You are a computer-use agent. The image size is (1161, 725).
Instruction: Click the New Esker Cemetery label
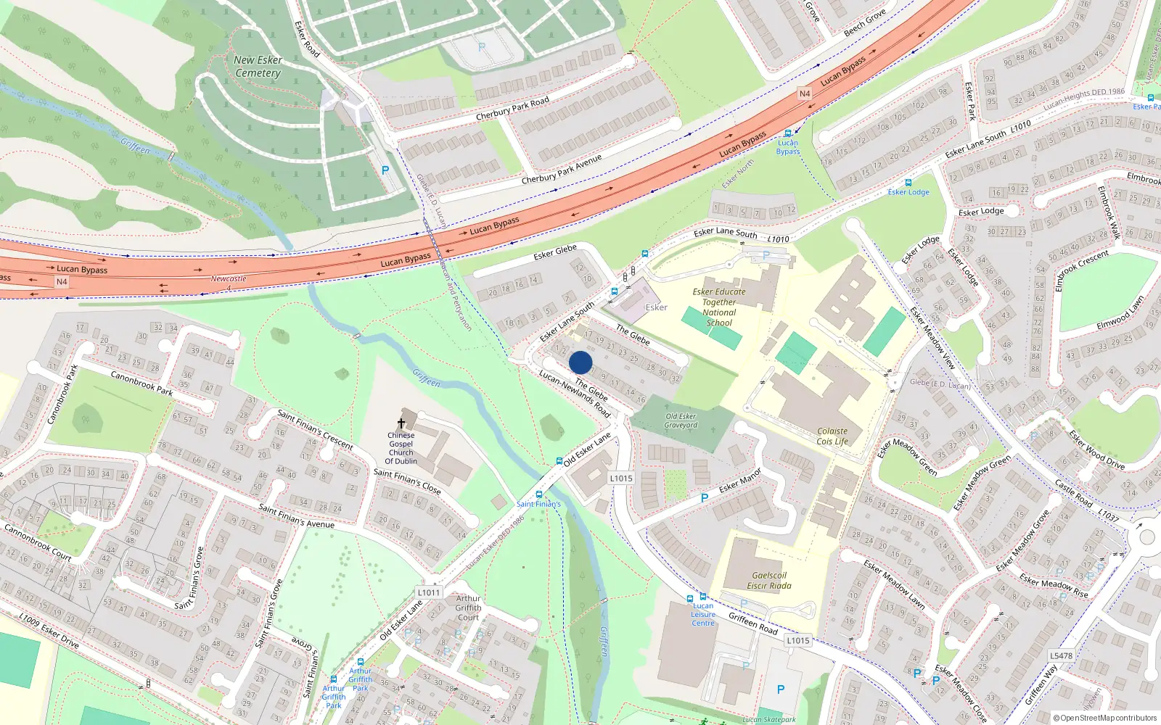(x=258, y=67)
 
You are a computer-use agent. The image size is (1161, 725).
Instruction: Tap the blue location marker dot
(x=580, y=362)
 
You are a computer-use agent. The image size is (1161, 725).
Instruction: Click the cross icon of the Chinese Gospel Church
(x=401, y=423)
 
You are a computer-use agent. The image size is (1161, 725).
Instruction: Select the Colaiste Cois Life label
(x=832, y=436)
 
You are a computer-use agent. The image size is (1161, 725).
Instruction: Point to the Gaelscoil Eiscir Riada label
(x=769, y=580)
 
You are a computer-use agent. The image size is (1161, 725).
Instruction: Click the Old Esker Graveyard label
(x=681, y=420)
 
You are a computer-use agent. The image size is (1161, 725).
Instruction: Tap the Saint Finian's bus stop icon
(x=538, y=494)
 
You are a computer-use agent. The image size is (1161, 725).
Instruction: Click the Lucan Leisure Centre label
(x=702, y=614)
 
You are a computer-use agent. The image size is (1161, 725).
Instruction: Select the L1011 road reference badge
(x=429, y=592)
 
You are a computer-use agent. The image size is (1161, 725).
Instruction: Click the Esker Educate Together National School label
(x=719, y=307)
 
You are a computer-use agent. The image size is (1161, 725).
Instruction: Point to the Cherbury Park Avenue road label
(x=562, y=169)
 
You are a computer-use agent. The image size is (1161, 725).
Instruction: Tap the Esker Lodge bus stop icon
(x=908, y=183)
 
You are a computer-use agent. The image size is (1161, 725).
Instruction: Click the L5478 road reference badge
(x=1061, y=655)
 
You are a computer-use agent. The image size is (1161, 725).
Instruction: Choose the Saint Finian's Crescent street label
(x=315, y=429)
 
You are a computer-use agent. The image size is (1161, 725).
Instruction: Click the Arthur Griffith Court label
(x=468, y=608)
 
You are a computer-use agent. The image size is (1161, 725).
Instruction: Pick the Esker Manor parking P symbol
(x=704, y=498)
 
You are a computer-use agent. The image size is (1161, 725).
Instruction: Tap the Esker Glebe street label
(x=555, y=252)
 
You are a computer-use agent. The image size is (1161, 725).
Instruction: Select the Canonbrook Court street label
(x=38, y=542)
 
